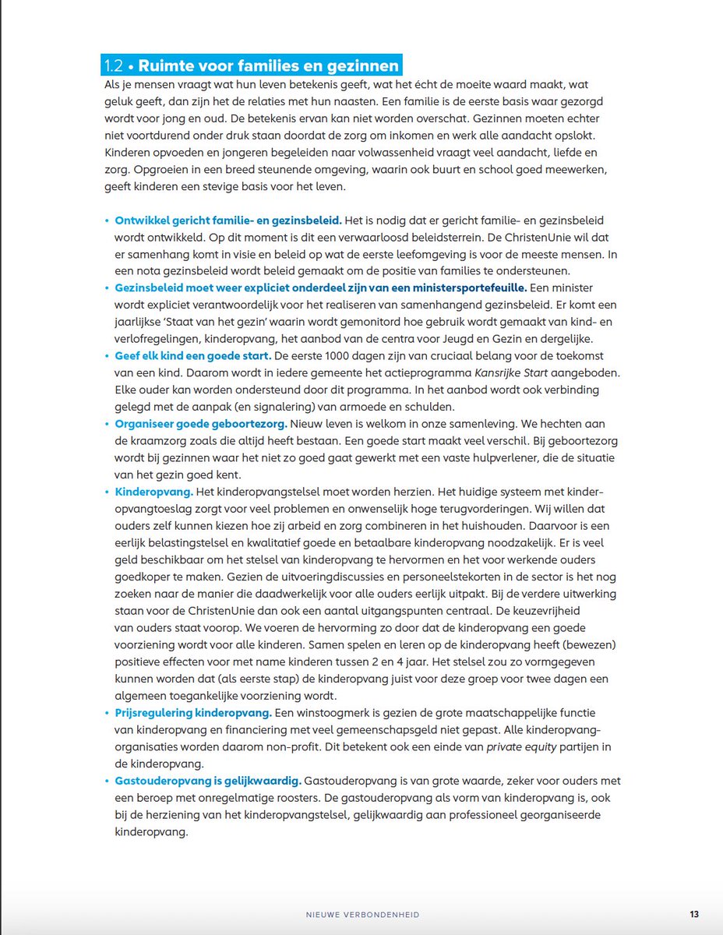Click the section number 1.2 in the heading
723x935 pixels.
click(115, 66)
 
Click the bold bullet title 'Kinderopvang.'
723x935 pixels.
click(153, 492)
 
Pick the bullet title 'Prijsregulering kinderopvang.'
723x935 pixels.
click(193, 713)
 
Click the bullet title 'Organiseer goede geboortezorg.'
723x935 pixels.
click(201, 425)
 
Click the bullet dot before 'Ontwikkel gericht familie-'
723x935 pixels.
click(107, 222)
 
